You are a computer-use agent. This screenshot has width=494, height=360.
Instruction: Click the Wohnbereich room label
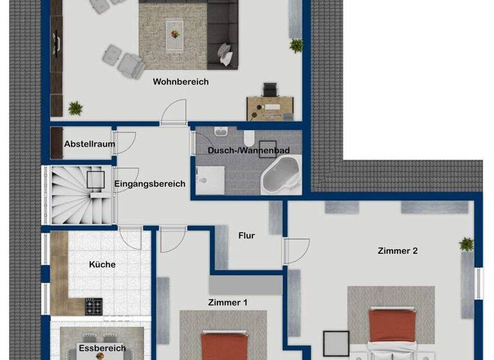point(181,82)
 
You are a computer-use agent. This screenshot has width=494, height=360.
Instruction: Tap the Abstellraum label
point(89,145)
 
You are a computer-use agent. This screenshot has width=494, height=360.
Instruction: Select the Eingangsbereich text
point(150,184)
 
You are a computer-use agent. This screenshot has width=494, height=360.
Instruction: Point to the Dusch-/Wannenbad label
point(248,150)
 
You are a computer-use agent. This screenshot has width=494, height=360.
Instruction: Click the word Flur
point(246,236)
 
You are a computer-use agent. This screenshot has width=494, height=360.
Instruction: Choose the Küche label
point(102,264)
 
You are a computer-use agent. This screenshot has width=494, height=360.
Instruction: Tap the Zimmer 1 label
point(228,302)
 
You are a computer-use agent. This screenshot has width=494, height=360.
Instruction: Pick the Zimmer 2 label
point(398,251)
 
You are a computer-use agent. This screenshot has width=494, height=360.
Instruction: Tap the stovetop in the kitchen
point(94,305)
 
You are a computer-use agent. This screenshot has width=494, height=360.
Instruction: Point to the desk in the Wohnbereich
point(270,105)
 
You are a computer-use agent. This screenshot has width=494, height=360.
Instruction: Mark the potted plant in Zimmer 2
point(466,244)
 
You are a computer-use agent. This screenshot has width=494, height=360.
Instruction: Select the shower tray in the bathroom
point(210,180)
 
